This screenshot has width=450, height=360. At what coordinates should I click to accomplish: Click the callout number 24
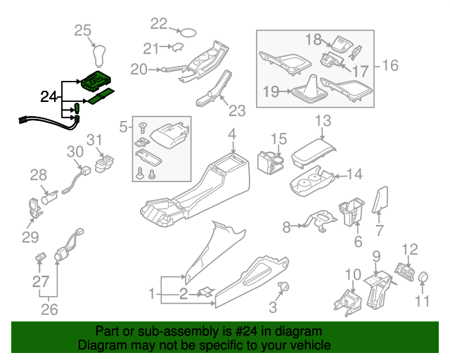coord(49,96)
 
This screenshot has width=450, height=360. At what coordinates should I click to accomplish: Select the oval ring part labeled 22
coord(188,31)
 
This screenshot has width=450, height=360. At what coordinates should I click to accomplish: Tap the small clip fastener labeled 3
coord(285,287)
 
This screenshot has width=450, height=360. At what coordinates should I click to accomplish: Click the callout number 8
coord(286,227)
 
